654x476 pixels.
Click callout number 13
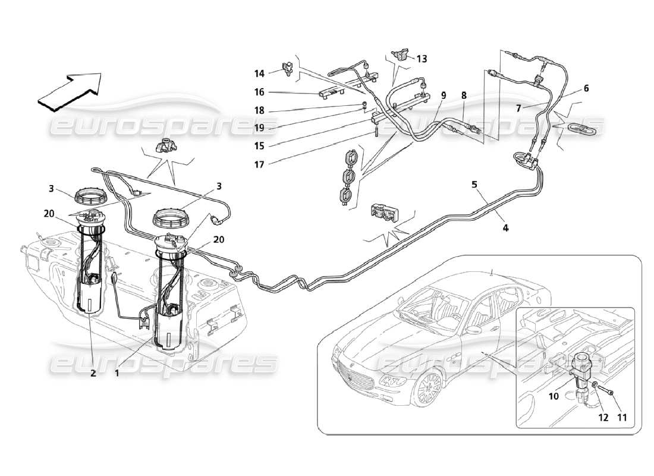[x=422, y=59]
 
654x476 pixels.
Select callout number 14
[x=259, y=74]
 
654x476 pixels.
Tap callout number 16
[x=259, y=92]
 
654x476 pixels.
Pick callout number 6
[x=586, y=88]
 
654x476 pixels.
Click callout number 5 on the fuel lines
[x=474, y=184]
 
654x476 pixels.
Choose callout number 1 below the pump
[x=117, y=374]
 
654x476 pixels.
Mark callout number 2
[x=93, y=374]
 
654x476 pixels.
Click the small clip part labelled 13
[x=400, y=55]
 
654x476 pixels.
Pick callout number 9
[x=443, y=95]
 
